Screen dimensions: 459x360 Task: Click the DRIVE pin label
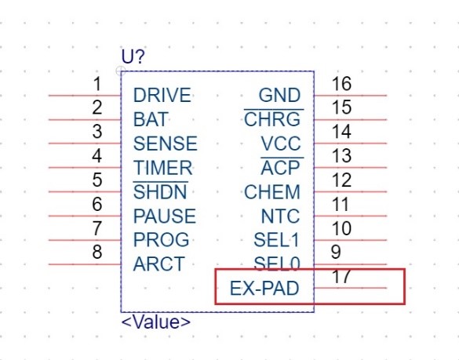point(162,95)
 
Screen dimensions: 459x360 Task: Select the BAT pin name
point(151,119)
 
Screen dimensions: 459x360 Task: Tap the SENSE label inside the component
point(165,144)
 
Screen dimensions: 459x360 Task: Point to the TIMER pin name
point(162,168)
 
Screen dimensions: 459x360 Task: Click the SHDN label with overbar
point(160,191)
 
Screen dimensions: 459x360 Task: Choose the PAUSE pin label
point(164,216)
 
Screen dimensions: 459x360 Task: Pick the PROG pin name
point(161,240)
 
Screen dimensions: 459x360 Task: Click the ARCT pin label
point(158,264)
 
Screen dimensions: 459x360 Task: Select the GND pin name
point(279,95)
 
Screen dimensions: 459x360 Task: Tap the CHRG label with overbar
point(273,118)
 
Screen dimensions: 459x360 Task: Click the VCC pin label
point(280,144)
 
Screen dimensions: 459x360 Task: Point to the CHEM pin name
point(272,191)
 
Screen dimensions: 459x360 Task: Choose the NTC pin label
point(280,216)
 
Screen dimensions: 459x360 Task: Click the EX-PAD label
point(264,289)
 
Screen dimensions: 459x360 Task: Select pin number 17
point(341,276)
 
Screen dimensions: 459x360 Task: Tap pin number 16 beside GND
point(341,84)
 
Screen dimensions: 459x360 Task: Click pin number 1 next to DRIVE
point(97,84)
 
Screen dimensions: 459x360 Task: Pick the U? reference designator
point(133,56)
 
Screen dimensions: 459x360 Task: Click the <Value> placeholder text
point(155,322)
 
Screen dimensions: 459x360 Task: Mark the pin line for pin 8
point(85,264)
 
